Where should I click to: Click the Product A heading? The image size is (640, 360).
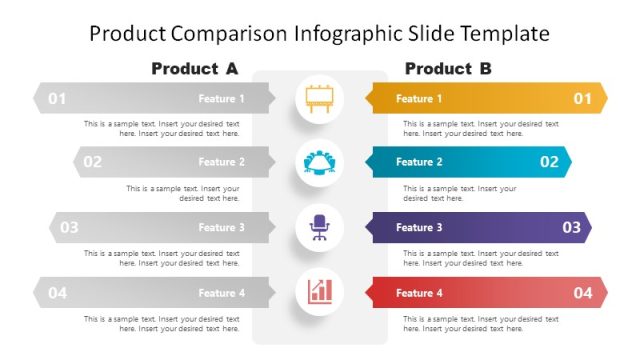194,69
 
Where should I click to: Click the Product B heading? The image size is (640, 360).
448,69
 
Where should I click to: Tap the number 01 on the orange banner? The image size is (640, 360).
582,98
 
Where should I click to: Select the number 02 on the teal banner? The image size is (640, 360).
549,162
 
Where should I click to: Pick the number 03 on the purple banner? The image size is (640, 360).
571,227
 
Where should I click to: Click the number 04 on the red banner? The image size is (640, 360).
582,292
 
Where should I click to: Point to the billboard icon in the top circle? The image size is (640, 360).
319,98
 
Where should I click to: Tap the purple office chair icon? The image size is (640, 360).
319,227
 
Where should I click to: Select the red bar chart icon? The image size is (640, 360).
319,292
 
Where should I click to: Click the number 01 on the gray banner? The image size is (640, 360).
57,98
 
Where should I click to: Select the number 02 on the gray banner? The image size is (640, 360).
92,162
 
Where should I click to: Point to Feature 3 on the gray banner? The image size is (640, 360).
221,228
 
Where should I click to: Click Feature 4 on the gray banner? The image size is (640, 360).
221,293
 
